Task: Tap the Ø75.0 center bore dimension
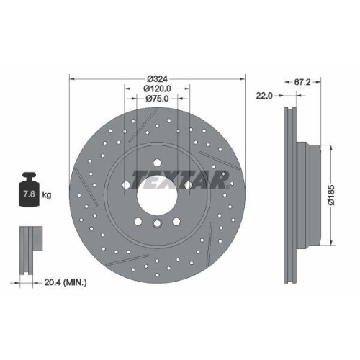pyautogui.click(x=157, y=98)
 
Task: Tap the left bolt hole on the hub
pyautogui.click(x=126, y=185)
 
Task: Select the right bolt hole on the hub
pyautogui.click(x=188, y=185)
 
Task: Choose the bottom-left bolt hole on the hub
pyautogui.click(x=138, y=220)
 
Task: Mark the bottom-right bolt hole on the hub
pyautogui.click(x=176, y=220)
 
